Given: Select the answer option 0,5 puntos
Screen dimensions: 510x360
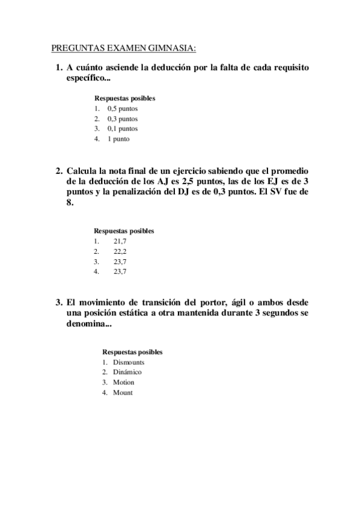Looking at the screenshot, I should point(123,109).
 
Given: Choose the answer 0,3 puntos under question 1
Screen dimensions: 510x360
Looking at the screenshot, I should point(123,118).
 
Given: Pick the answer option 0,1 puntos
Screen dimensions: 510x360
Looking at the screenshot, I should point(123,129).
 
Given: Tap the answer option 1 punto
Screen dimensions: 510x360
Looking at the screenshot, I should point(118,139).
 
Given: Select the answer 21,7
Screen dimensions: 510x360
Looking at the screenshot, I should point(120,241).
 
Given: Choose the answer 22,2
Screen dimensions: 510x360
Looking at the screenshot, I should point(120,251).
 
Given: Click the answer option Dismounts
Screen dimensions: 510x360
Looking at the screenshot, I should point(129,362).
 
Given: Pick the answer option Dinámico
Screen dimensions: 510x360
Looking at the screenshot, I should point(127,372).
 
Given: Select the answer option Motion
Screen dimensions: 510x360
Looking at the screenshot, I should point(124,382).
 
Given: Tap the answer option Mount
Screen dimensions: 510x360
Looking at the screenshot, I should point(123,393).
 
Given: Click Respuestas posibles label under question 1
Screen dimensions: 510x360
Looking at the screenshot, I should point(124,98).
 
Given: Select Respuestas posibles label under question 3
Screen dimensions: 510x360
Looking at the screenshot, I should point(132,352).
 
